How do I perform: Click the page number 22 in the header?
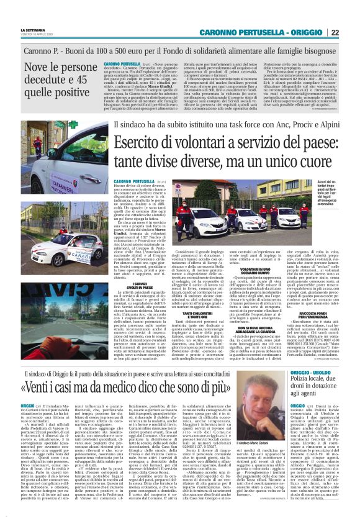coord(351,32)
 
